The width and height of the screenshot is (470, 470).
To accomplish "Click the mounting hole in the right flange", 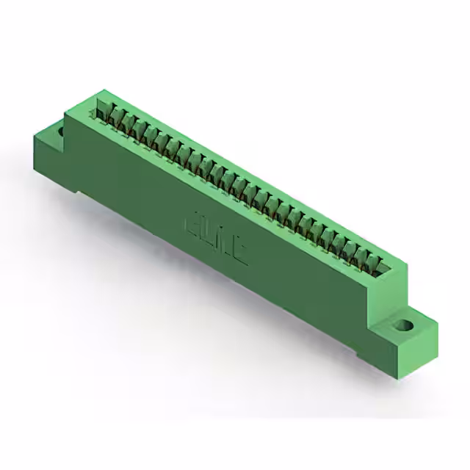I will click(403, 325).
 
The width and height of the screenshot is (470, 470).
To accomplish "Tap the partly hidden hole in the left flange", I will click(60, 133).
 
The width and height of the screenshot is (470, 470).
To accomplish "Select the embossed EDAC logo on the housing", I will click(213, 236).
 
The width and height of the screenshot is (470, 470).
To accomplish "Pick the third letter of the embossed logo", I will click(221, 242).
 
